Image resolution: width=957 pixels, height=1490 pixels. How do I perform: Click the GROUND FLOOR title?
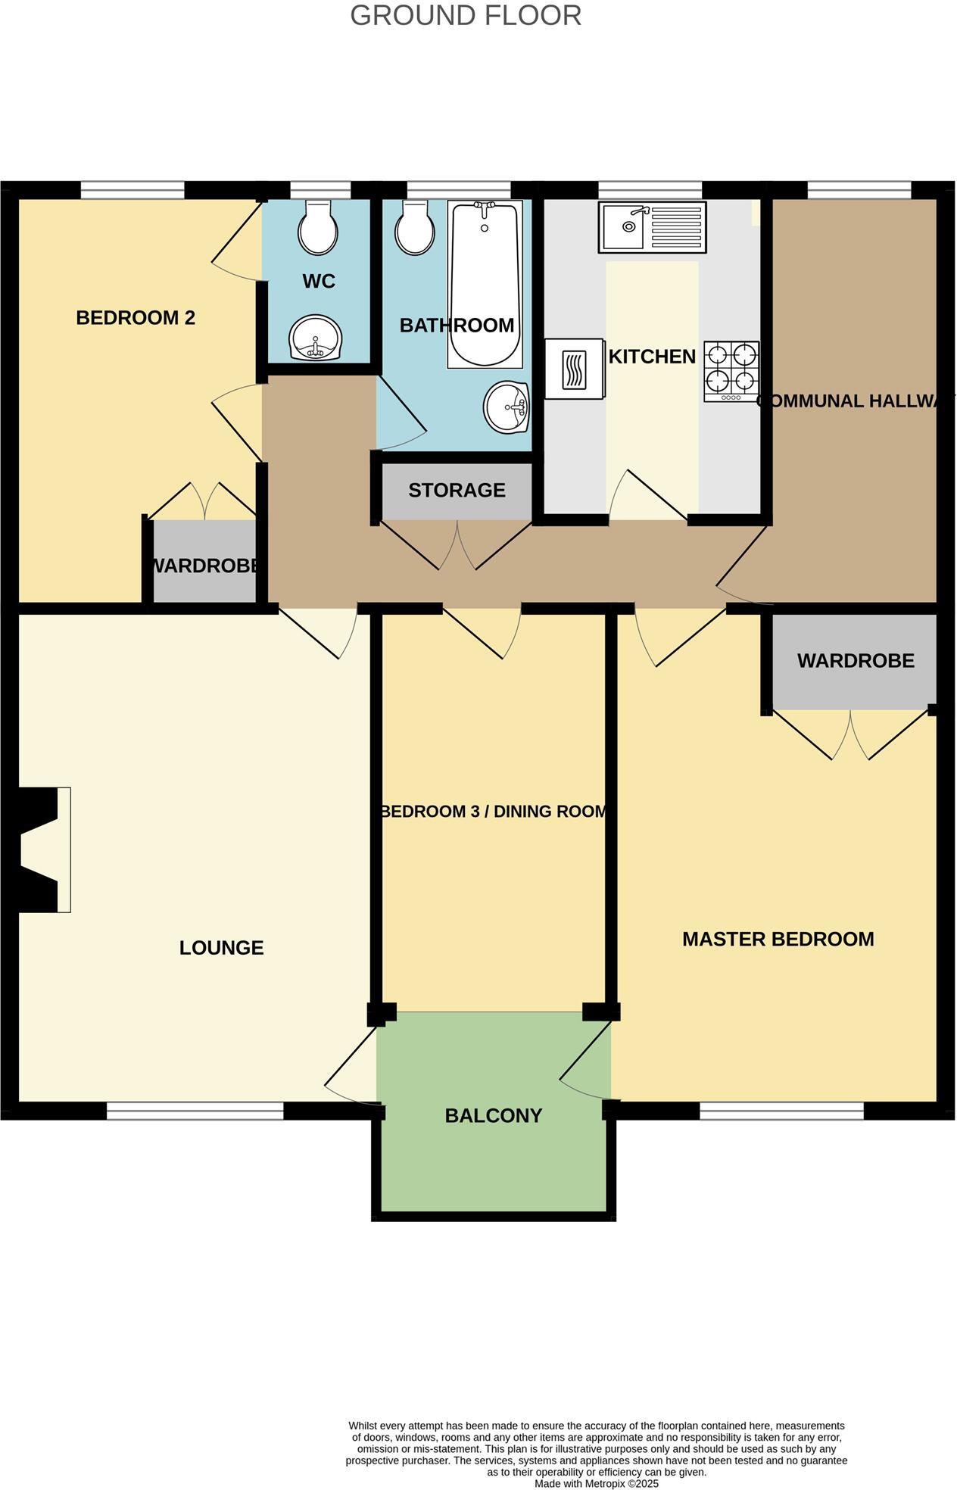point(465,16)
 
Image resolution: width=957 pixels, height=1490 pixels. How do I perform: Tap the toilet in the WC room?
point(318,228)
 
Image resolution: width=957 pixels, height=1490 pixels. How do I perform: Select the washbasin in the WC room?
point(315,338)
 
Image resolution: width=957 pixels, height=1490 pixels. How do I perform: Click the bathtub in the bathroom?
point(485,284)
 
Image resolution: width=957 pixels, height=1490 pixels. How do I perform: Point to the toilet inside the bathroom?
point(414,228)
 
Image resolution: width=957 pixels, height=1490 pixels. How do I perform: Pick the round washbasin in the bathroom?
point(506,407)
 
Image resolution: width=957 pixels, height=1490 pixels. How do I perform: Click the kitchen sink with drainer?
point(652,226)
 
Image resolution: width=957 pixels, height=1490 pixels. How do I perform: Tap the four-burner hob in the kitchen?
point(731,371)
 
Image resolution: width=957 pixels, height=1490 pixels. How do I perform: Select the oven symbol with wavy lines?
point(573,369)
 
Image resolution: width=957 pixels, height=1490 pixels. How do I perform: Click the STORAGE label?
point(457,490)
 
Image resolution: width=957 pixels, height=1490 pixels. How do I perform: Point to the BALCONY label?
point(493,1115)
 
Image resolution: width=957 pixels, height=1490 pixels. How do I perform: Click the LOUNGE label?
point(221,947)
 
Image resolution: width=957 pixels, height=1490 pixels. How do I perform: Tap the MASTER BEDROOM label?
point(778,939)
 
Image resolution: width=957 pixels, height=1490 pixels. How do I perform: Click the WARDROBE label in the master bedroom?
point(855,660)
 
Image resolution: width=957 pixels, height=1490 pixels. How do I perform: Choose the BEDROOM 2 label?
point(136,317)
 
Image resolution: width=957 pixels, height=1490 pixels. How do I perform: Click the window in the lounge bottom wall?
point(195,1110)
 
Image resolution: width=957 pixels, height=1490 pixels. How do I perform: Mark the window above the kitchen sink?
point(650,189)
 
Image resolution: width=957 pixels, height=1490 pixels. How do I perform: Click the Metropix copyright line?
point(597,1483)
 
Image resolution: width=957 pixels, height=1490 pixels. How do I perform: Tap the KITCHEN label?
point(652,356)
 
